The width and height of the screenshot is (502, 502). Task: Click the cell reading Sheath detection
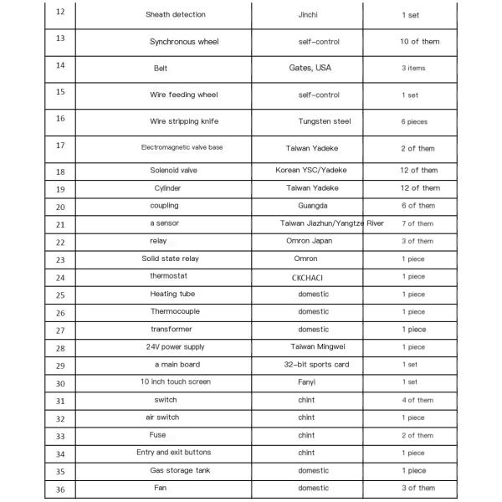[175, 15]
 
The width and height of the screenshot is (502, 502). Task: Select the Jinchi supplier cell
[307, 15]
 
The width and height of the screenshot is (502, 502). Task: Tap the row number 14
[59, 65]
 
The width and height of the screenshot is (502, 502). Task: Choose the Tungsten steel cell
[324, 121]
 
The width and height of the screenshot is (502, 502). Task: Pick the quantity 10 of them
[419, 41]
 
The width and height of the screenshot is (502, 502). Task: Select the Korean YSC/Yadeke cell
[311, 171]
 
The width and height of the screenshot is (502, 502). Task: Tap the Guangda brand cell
[313, 206]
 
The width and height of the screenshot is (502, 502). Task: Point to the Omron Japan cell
[309, 241]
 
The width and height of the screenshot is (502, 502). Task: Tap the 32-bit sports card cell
[316, 365]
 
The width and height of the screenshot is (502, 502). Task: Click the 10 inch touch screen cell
[175, 382]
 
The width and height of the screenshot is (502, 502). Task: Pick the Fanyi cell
[307, 382]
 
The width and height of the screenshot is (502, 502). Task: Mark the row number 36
[59, 489]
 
